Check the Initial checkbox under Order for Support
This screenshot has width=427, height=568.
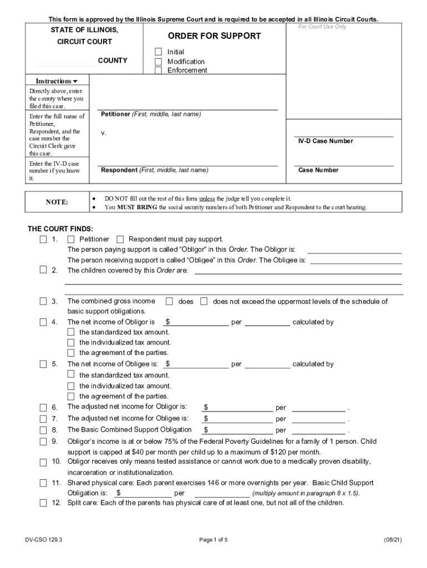tap(158, 52)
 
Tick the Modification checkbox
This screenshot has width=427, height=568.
tap(158, 62)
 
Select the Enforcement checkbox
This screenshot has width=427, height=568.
tap(158, 70)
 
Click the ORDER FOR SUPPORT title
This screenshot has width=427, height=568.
tap(214, 36)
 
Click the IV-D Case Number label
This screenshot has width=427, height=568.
tap(325, 141)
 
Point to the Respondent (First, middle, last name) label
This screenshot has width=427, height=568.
tap(154, 170)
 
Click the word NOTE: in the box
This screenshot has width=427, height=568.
tap(57, 202)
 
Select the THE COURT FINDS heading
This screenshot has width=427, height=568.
tap(60, 229)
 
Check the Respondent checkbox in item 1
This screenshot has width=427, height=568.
tap(120, 239)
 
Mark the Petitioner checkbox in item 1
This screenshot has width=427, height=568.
tap(71, 239)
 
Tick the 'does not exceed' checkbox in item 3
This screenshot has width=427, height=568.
tap(204, 301)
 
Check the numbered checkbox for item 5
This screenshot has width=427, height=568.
tap(43, 364)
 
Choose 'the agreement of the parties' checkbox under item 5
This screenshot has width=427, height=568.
tap(71, 396)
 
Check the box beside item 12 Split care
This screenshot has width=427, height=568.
tap(43, 504)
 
